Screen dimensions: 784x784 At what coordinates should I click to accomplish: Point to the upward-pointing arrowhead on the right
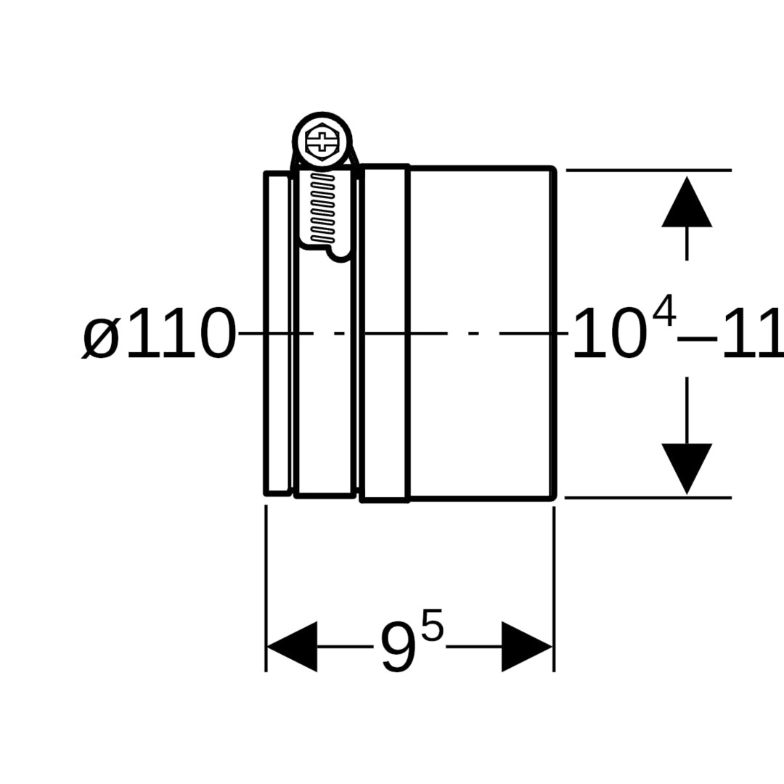(x=687, y=203)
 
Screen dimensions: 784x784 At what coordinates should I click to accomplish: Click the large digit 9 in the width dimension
(x=399, y=649)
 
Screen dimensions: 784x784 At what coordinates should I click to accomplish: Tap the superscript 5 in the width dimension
(x=432, y=626)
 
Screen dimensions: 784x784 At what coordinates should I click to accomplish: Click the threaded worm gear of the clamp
(x=322, y=208)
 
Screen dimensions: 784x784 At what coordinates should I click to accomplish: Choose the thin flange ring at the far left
(x=278, y=407)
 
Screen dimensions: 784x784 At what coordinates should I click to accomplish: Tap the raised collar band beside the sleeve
(x=385, y=407)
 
